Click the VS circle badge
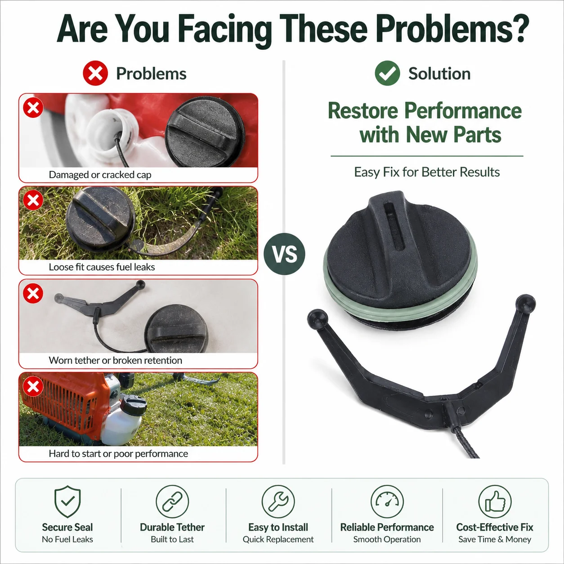point(284,254)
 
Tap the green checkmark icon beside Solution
point(387,73)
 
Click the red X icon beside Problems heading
point(95,73)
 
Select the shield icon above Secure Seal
point(67,501)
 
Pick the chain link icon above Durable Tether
point(172,501)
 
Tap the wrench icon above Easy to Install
point(278,501)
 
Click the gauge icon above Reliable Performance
point(387,501)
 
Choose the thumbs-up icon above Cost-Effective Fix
point(495,501)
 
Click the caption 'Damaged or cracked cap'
point(100,175)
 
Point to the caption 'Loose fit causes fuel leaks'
point(102,267)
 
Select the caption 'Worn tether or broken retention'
point(115,360)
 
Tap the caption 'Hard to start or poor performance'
point(119,454)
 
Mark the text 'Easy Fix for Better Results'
point(427,172)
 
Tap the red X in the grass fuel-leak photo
point(33,200)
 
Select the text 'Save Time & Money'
point(495,539)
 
